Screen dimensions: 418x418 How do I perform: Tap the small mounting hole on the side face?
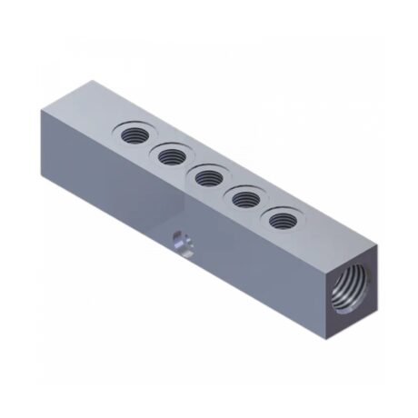[180, 243]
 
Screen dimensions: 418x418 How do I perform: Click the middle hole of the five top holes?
[208, 177]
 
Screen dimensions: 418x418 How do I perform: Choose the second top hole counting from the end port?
[246, 198]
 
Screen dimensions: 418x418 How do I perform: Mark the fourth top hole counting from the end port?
[170, 156]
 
